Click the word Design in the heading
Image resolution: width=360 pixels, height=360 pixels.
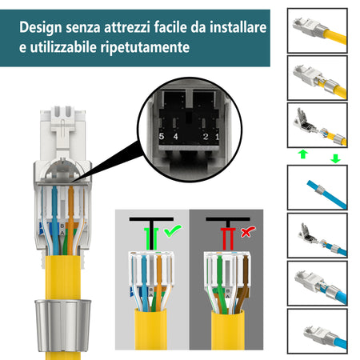point(42,27)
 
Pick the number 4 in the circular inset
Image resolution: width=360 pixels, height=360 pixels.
point(175,137)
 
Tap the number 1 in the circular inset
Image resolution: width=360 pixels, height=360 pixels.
point(217,137)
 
